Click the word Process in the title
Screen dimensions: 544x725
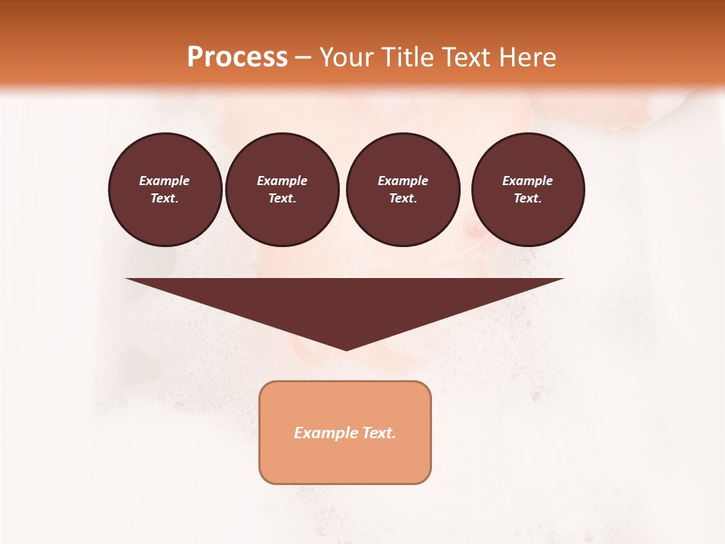coord(237,57)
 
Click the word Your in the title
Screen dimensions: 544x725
coord(347,57)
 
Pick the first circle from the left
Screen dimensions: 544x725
coord(165,190)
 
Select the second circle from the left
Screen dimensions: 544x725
coord(282,190)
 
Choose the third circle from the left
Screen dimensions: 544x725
coord(403,190)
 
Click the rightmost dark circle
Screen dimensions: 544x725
coord(528,190)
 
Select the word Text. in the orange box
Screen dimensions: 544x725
coord(378,433)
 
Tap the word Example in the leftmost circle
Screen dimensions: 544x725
coord(165,181)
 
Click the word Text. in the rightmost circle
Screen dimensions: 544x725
coord(528,199)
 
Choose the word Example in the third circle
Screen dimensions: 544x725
coord(403,181)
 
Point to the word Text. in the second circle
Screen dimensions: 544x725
coord(282,199)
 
